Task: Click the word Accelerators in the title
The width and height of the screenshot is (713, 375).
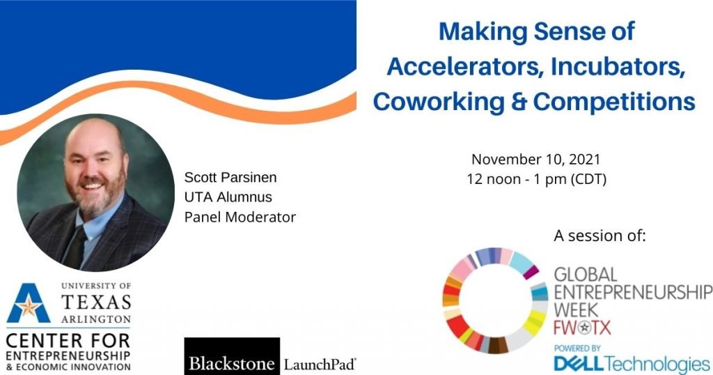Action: pos(464,67)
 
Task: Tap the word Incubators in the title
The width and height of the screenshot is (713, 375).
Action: pos(618,67)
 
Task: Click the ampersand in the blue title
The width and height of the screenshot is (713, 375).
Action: pos(519,102)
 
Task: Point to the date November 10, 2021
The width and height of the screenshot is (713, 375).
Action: pos(536,160)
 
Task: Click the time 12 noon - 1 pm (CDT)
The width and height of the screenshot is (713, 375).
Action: pos(537,179)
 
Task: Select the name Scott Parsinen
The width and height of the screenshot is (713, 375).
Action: pos(230,177)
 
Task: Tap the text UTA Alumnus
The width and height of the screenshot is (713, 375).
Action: pos(228,197)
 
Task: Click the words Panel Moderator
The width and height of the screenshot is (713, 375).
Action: pos(240,217)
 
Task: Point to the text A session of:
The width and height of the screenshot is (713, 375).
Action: pos(600,236)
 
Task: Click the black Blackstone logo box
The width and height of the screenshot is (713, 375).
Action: pos(232,356)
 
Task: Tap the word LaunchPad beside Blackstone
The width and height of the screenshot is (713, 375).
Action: pos(320,365)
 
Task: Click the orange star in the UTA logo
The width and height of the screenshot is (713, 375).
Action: pos(28,307)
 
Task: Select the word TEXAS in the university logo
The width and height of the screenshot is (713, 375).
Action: pos(96,303)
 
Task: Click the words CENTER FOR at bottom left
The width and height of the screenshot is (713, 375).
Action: pos(68,340)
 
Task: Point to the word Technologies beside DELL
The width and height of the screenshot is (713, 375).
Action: pos(657,364)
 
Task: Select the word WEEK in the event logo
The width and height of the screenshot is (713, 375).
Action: pos(576,310)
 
